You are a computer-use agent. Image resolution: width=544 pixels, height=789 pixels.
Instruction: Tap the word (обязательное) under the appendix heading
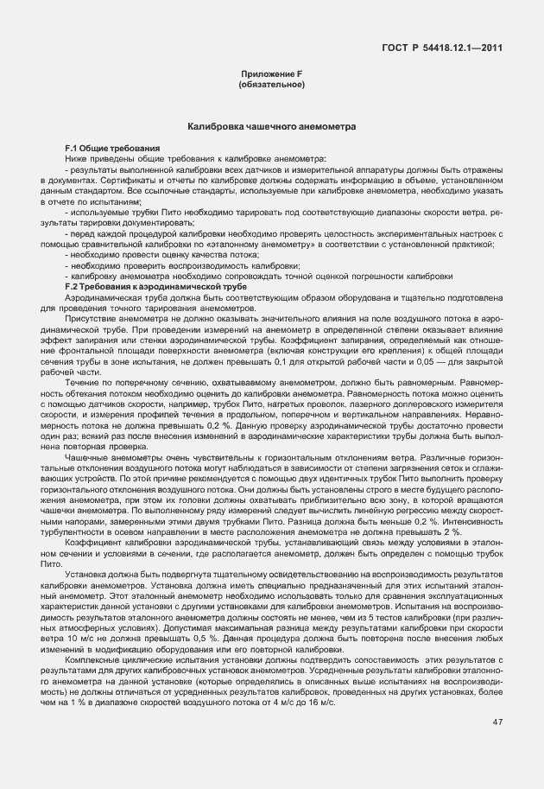pyautogui.click(x=271, y=86)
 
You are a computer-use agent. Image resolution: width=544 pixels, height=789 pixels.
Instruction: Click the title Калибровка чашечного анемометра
pyautogui.click(x=271, y=127)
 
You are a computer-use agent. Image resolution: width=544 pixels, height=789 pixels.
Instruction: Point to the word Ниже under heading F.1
pyautogui.click(x=76, y=158)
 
